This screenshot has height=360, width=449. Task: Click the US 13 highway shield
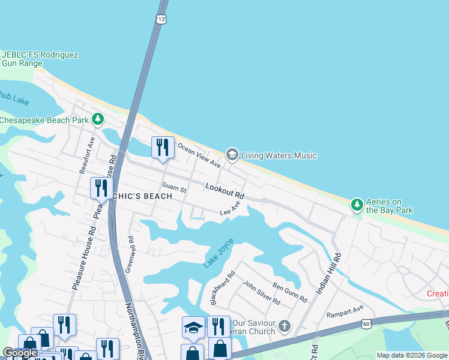160,20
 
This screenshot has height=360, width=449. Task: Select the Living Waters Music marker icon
232,155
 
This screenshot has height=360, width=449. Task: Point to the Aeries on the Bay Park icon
357,205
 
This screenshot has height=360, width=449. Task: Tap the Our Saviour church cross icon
284,327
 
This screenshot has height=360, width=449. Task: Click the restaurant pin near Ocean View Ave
163,147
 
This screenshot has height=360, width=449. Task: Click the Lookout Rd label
225,191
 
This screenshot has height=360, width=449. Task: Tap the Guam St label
175,188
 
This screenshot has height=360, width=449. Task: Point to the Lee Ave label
230,209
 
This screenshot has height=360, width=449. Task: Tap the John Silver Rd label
262,292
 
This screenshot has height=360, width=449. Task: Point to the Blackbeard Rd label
221,288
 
